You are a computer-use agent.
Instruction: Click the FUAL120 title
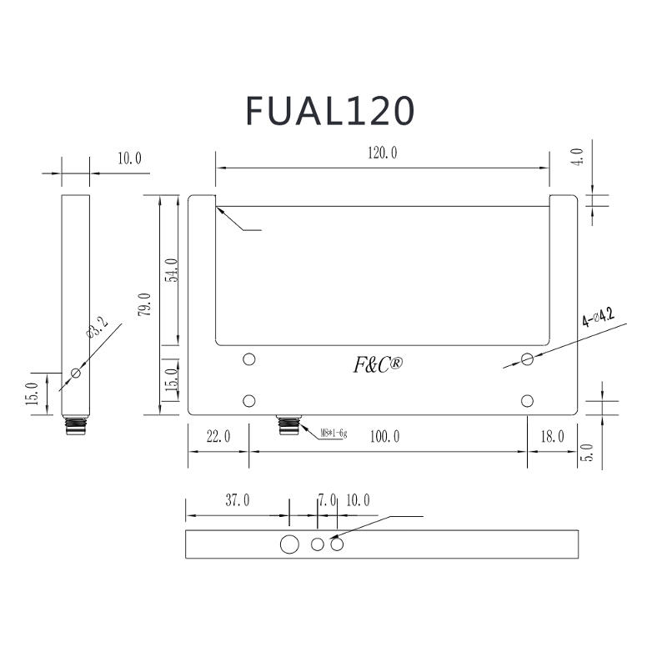point(329,111)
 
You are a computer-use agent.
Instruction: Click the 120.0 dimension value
point(383,153)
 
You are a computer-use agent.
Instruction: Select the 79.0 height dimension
point(144,304)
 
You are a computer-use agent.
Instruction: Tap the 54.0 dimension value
point(173,270)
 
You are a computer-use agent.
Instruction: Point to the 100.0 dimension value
point(384,436)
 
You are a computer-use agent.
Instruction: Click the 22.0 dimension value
point(218,436)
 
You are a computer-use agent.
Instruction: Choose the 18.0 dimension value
point(552,436)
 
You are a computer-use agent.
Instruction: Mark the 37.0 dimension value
point(238,500)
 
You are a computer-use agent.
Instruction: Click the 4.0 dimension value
point(577,157)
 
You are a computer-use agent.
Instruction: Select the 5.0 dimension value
point(587,453)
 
